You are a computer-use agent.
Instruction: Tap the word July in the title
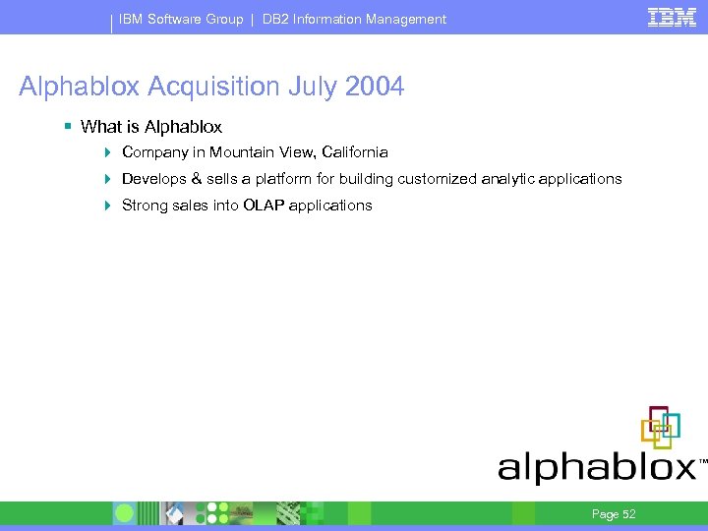312,87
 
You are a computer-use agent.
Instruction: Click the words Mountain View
256,152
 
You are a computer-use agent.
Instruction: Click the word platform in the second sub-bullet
282,179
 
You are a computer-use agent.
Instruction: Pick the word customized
437,179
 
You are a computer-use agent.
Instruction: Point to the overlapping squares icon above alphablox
661,427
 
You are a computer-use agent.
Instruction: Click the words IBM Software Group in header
181,19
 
